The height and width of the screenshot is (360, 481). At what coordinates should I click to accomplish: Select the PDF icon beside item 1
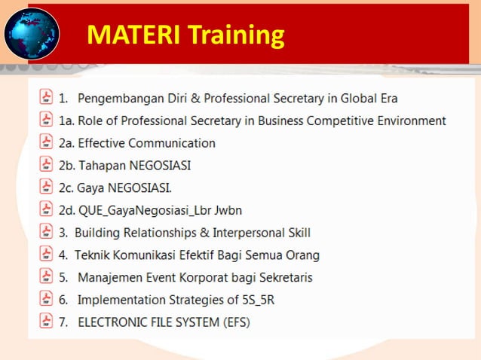pyautogui.click(x=46, y=97)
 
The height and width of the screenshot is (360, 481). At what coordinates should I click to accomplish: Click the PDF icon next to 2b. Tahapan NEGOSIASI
pyautogui.click(x=46, y=165)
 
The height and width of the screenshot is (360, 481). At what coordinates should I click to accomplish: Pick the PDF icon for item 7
pyautogui.click(x=46, y=322)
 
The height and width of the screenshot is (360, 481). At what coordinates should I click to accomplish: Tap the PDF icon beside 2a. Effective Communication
pyautogui.click(x=46, y=142)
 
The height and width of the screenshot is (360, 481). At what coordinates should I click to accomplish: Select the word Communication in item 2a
pyautogui.click(x=173, y=143)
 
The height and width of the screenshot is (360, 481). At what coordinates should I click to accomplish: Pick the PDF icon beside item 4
pyautogui.click(x=46, y=255)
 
